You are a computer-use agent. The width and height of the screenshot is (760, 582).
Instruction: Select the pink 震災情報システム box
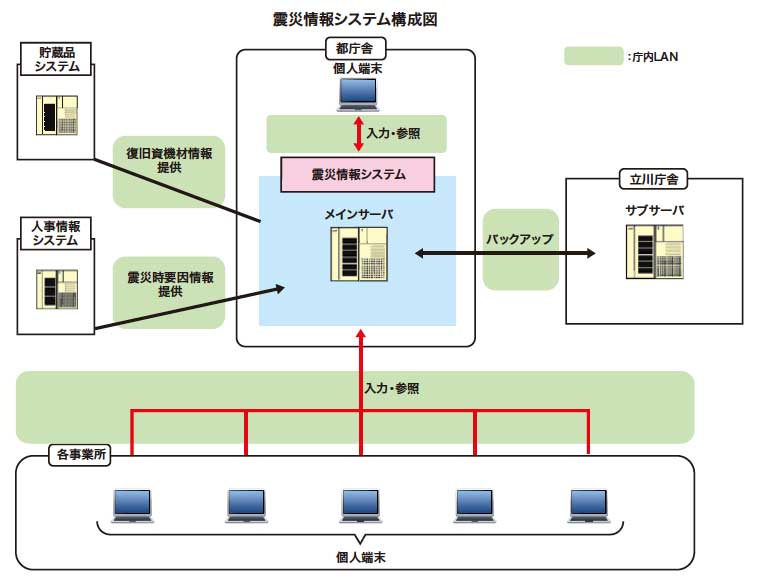(358, 174)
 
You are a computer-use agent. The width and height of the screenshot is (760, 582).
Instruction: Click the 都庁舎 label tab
(357, 47)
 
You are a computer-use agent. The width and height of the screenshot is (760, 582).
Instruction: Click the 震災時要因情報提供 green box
(169, 285)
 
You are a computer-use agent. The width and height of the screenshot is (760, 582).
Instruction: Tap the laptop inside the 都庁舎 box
(357, 93)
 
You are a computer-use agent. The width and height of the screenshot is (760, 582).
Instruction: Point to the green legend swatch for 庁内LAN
(593, 56)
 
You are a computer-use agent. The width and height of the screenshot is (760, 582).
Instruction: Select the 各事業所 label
(82, 455)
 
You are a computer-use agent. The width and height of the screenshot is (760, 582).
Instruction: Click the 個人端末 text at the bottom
(359, 560)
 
